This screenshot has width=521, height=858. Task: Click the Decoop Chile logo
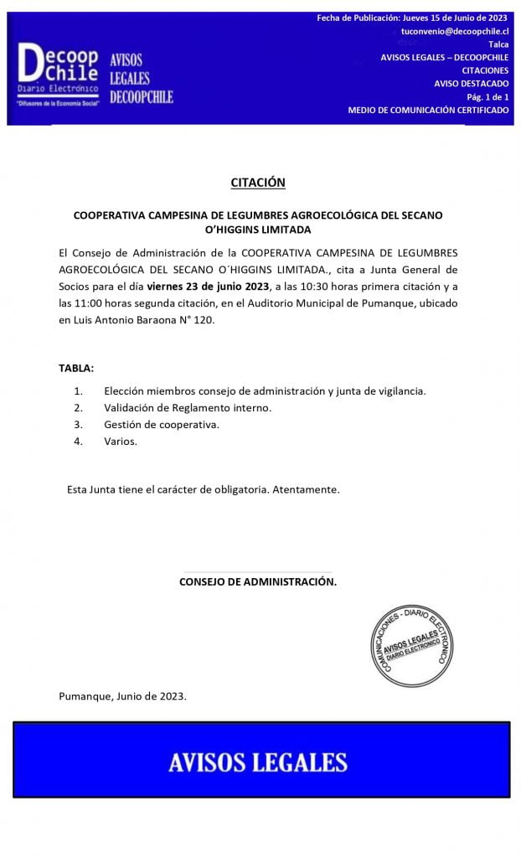pos(59,74)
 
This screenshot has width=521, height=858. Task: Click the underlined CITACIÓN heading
pos(258,182)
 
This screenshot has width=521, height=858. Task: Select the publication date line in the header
pos(412,18)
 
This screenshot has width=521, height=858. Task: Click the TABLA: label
pos(76,369)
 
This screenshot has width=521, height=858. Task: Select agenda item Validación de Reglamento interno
pos(188,408)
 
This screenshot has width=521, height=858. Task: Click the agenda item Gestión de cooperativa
pos(162,425)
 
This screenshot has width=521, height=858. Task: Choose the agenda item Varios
pos(121,442)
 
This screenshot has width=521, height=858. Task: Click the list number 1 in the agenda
pos(79,391)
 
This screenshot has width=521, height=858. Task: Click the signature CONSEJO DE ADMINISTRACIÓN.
pos(258,581)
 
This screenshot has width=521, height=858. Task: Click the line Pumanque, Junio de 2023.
pos(123,696)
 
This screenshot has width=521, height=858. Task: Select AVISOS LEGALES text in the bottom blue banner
pos(258,762)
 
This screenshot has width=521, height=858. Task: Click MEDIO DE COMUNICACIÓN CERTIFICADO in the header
pos(428,111)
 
